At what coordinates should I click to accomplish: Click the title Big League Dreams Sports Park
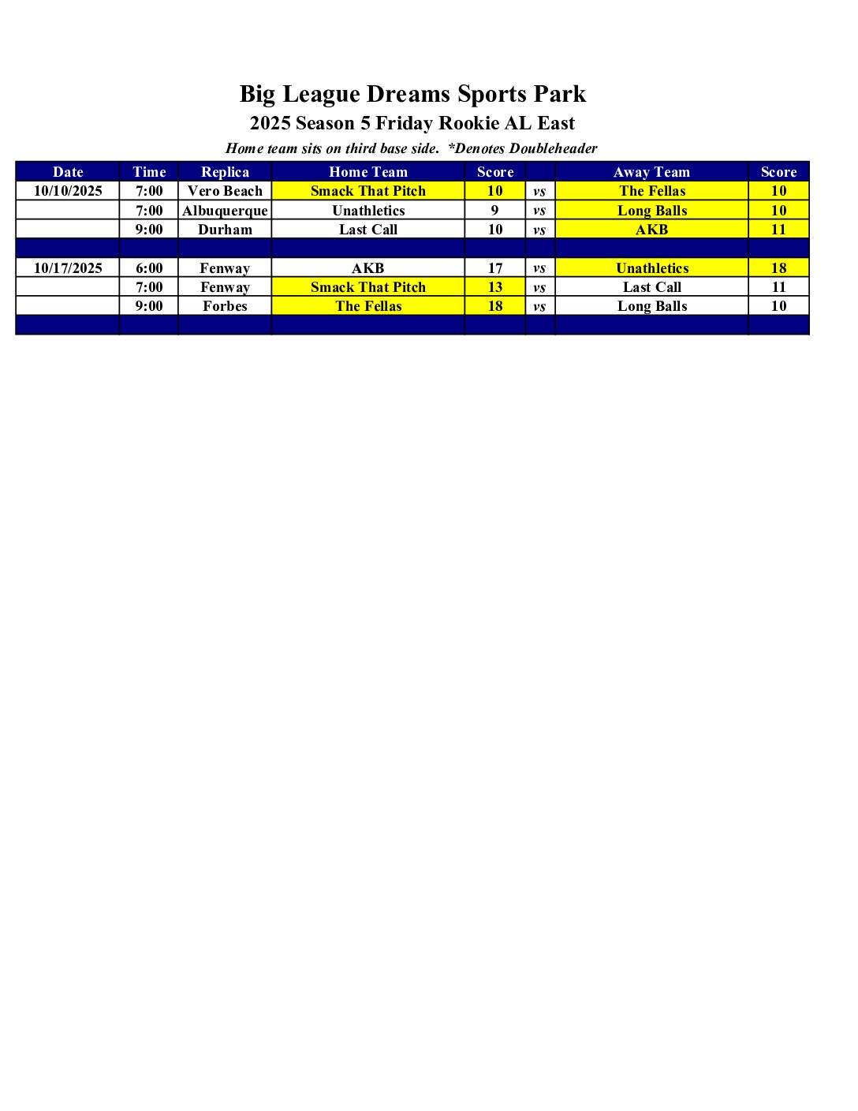click(412, 94)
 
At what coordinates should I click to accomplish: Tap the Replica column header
click(225, 172)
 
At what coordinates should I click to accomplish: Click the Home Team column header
click(368, 172)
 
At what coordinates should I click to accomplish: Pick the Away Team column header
click(651, 172)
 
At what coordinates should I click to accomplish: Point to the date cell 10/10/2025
click(68, 191)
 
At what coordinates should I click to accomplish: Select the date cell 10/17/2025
click(68, 268)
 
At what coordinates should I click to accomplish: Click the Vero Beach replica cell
click(225, 191)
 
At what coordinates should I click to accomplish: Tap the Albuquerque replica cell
click(225, 211)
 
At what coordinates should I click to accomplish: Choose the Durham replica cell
click(225, 230)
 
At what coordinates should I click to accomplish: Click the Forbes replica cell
click(225, 306)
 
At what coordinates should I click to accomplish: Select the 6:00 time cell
click(149, 268)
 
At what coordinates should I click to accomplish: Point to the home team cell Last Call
click(368, 230)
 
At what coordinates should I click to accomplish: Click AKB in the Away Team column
click(651, 230)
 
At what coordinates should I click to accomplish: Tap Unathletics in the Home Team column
click(368, 211)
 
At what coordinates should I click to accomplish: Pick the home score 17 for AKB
click(495, 268)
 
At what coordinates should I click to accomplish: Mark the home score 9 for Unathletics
click(495, 211)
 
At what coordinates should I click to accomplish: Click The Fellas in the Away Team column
click(652, 191)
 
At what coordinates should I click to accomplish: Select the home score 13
click(495, 287)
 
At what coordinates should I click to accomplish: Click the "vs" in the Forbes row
click(539, 306)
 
